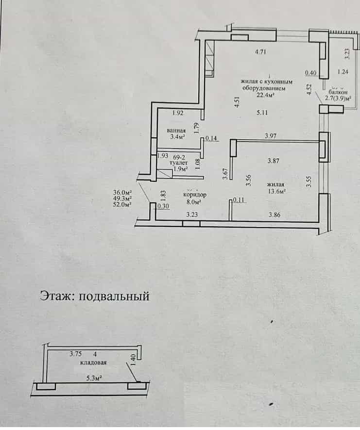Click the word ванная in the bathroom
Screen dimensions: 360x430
pos(176,131)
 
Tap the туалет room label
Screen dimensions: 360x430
pos(178,163)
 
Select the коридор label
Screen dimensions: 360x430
pos(195,195)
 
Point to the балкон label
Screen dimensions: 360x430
pos(338,92)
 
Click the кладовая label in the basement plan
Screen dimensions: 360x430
pos(93,363)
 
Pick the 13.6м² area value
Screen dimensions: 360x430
pos(276,191)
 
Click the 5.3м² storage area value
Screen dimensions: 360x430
pos(94,379)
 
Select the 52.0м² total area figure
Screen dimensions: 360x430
pos(122,204)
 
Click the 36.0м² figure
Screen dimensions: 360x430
pos(122,192)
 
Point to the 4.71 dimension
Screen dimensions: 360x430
pos(260,52)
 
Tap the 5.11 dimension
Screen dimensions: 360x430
pos(262,113)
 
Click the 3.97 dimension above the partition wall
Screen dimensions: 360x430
pos(271,136)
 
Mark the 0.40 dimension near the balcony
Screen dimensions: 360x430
pos(311,73)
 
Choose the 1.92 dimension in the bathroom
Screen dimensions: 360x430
pos(178,113)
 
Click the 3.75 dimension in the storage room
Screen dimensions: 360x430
pos(75,354)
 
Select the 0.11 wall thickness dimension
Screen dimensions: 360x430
pos(239,200)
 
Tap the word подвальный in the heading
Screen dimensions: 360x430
pos(114,297)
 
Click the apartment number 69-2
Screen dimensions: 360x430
pos(179,157)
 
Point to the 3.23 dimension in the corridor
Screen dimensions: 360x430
pos(192,215)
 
